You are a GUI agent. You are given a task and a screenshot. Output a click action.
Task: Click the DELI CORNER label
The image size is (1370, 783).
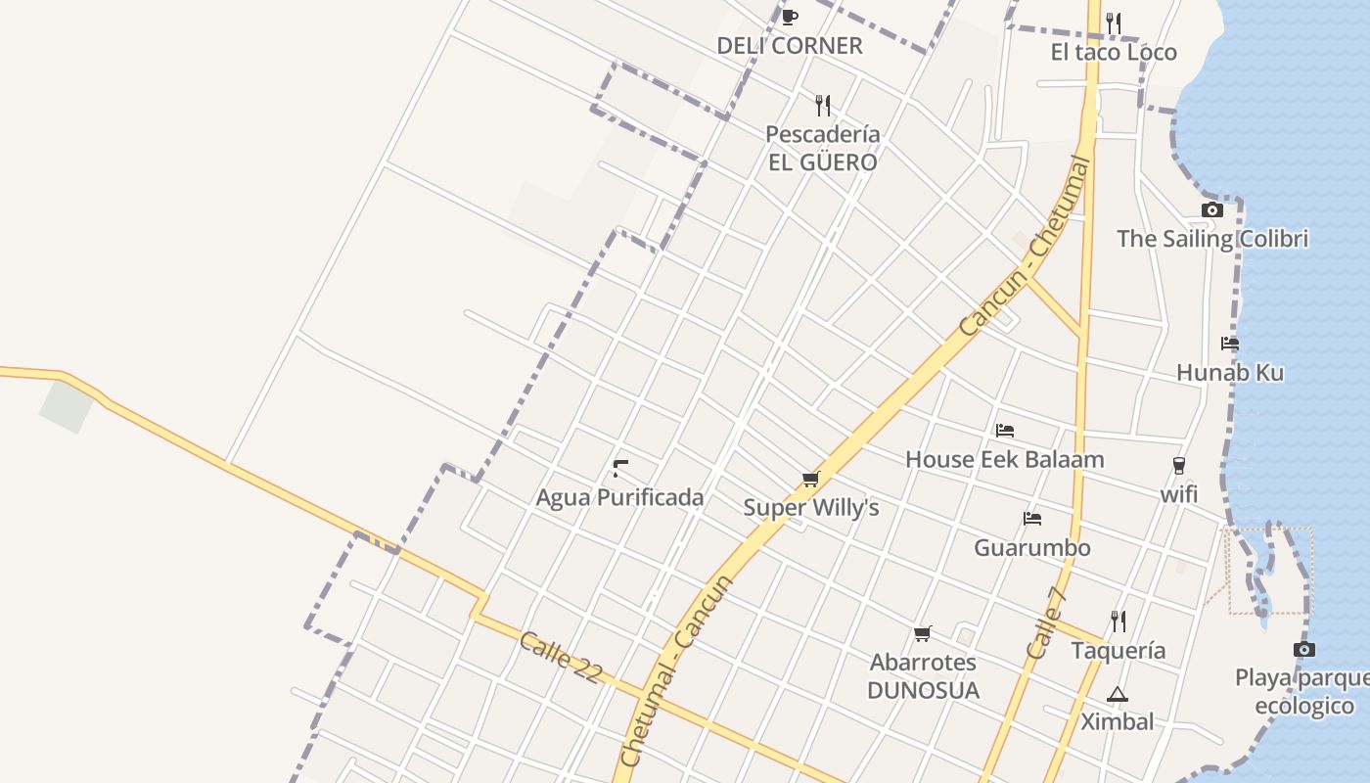click(x=790, y=46)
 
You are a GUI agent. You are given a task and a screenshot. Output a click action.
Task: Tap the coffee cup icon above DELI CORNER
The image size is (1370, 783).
click(x=790, y=17)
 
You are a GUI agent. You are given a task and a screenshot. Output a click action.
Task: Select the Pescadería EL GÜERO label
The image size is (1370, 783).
click(x=822, y=148)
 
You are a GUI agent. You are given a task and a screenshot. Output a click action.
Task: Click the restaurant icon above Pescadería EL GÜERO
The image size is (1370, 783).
click(x=823, y=105)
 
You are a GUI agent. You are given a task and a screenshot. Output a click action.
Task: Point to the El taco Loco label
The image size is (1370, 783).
click(x=1114, y=53)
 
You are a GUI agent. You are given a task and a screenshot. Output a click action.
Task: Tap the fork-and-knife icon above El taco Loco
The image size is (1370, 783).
click(x=1114, y=23)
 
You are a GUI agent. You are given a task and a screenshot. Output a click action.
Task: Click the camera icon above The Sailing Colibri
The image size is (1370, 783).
click(x=1211, y=209)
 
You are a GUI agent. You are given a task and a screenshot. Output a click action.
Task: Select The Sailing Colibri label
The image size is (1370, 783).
click(x=1212, y=239)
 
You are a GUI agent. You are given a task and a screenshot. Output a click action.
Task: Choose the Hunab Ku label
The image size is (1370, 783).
click(x=1230, y=373)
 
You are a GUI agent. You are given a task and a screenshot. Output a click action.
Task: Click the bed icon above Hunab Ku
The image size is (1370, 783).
click(x=1230, y=344)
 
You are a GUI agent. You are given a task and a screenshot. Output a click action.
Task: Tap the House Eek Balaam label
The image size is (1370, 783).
click(x=1004, y=459)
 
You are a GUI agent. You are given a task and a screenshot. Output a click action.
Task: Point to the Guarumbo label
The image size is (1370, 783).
click(x=1031, y=548)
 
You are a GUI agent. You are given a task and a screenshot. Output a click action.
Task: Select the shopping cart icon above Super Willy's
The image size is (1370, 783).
click(x=810, y=479)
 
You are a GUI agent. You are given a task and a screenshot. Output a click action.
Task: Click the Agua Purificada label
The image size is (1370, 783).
click(x=619, y=497)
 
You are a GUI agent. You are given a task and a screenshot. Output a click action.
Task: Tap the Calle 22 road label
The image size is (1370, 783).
click(x=560, y=657)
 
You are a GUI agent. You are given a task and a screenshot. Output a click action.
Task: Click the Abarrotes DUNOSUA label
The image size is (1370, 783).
click(x=923, y=676)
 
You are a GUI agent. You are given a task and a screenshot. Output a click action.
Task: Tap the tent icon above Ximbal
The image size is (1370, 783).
click(x=1117, y=694)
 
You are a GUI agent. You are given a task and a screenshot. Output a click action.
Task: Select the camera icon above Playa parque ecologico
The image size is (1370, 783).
click(x=1303, y=650)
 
